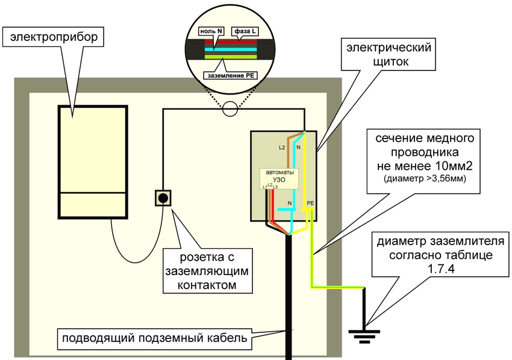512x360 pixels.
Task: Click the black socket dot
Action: (x=162, y=198)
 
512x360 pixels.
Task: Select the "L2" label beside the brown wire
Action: (x=281, y=147)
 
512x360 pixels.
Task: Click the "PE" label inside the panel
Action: (x=310, y=203)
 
